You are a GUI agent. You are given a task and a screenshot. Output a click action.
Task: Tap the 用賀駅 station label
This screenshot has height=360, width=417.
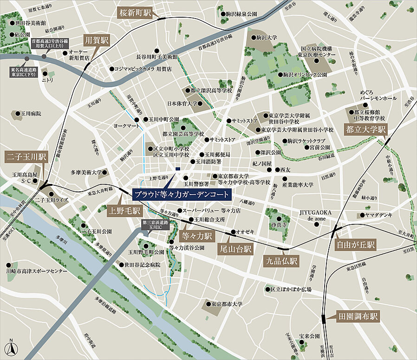[96, 40]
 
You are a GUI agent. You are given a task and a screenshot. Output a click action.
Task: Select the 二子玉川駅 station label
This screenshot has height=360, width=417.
[26, 157]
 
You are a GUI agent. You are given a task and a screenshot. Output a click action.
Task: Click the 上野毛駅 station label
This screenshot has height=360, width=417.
[124, 211]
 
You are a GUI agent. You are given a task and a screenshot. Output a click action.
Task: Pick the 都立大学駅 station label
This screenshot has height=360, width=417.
[365, 129]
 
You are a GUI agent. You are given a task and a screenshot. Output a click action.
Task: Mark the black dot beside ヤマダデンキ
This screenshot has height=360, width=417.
[362, 215]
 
